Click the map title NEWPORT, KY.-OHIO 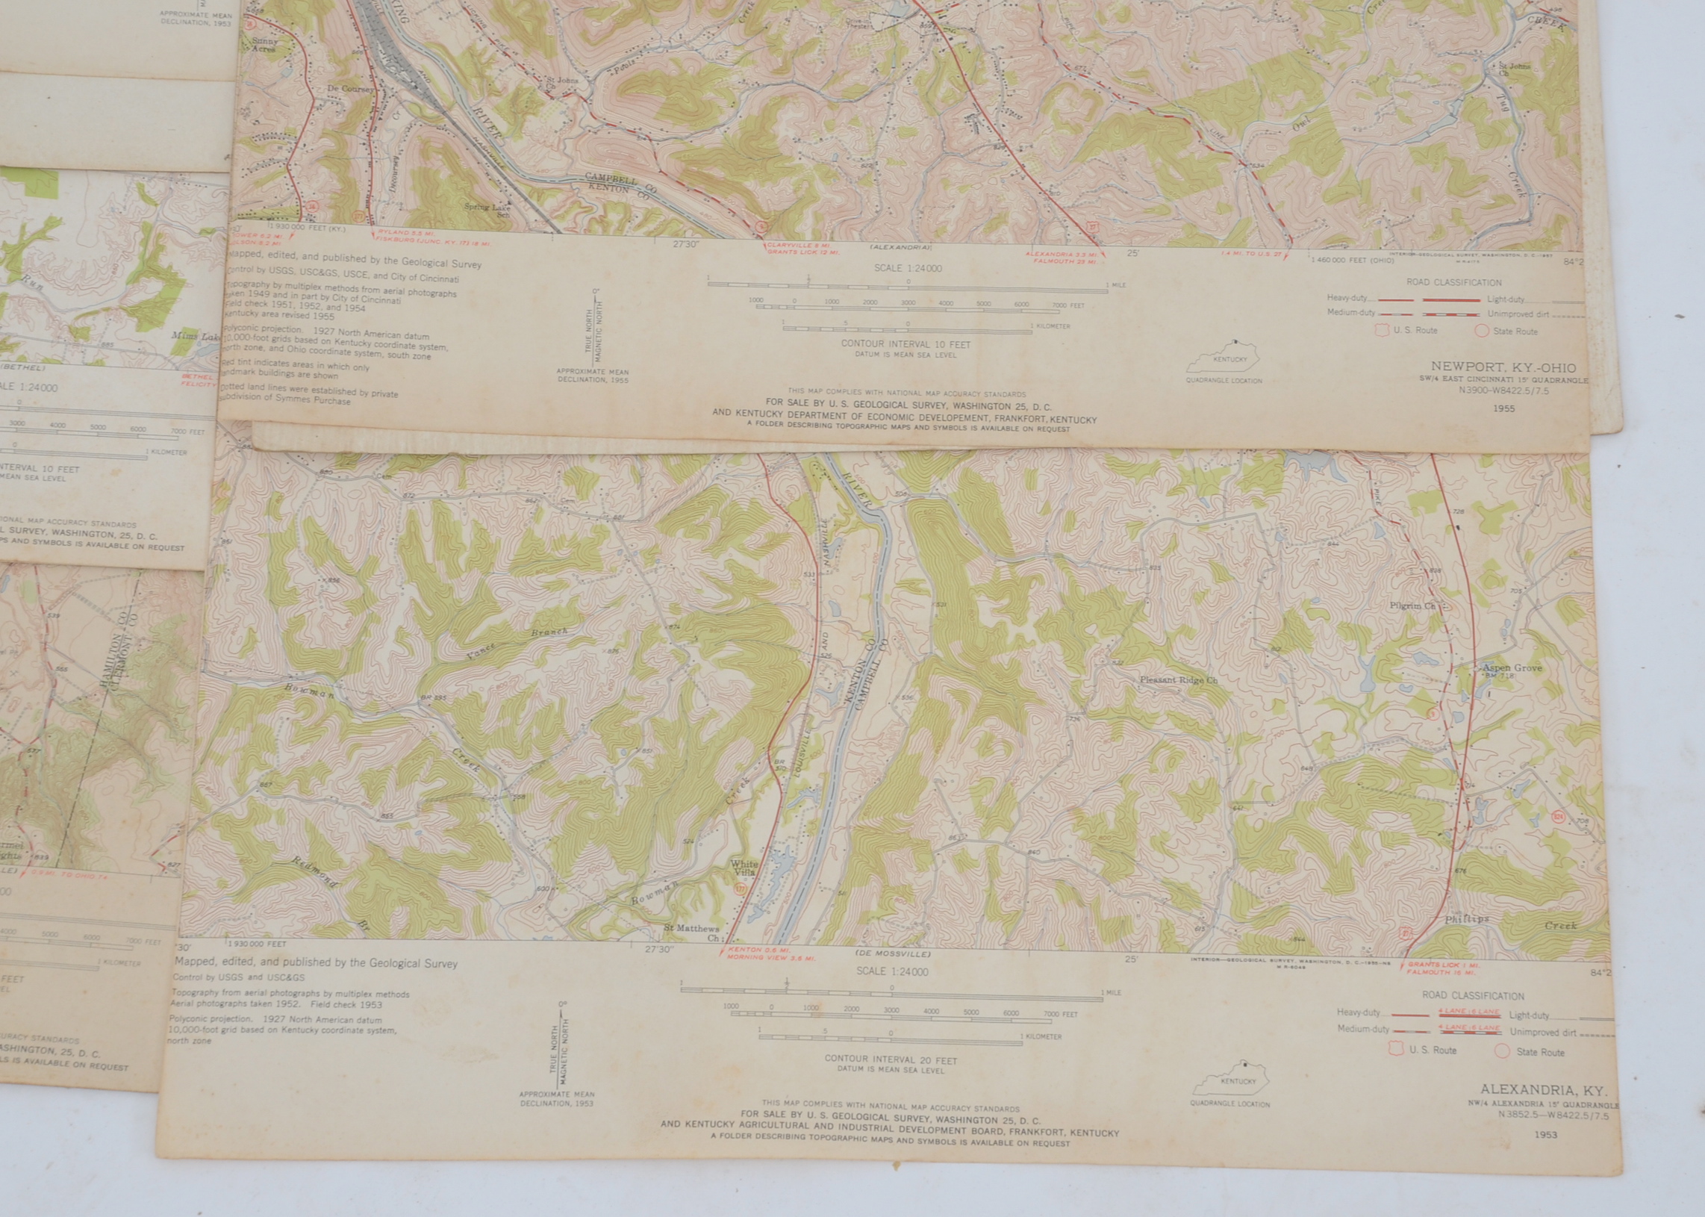tap(1503, 367)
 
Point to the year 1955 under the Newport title tap(1503, 408)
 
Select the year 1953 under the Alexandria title tap(1545, 1135)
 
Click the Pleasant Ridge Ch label tap(1179, 680)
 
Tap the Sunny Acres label tap(264, 45)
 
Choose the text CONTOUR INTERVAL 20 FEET tap(891, 1060)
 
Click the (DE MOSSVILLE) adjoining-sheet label tap(893, 954)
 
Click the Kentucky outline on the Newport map tap(1223, 358)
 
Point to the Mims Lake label tap(195, 337)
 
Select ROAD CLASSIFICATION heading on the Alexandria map tap(1473, 996)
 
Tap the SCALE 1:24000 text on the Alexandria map tap(891, 972)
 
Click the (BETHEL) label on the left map tap(22, 368)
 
